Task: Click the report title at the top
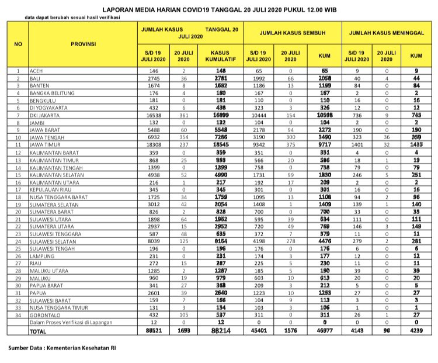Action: pyautogui.click(x=219, y=10)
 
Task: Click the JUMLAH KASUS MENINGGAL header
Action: pyautogui.click(x=391, y=33)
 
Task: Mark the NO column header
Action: pyautogui.click(x=19, y=44)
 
